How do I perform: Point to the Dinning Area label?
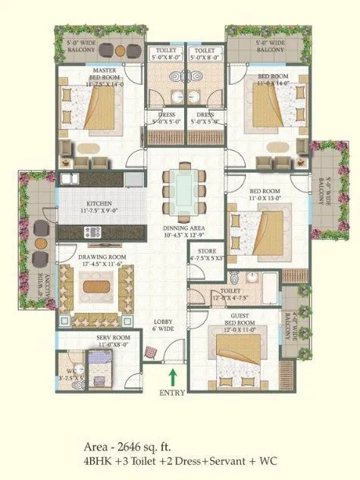click(x=181, y=230)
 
